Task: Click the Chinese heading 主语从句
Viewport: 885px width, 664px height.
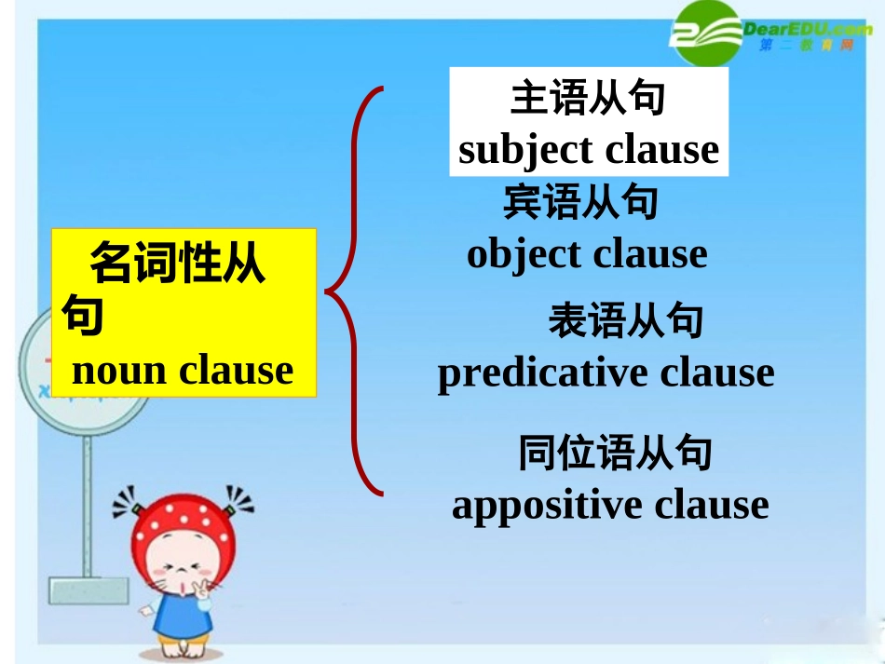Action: (588, 98)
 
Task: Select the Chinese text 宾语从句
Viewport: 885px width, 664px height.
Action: (581, 202)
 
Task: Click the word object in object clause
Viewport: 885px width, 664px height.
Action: (524, 254)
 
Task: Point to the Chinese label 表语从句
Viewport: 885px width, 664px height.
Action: (626, 321)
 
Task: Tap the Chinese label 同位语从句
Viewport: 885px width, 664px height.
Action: (615, 454)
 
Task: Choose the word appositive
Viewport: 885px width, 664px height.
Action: (547, 505)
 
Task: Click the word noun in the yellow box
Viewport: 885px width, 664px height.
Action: (119, 371)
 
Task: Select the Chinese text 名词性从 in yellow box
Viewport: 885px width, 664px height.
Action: (177, 265)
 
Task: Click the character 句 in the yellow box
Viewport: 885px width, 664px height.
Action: (82, 315)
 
